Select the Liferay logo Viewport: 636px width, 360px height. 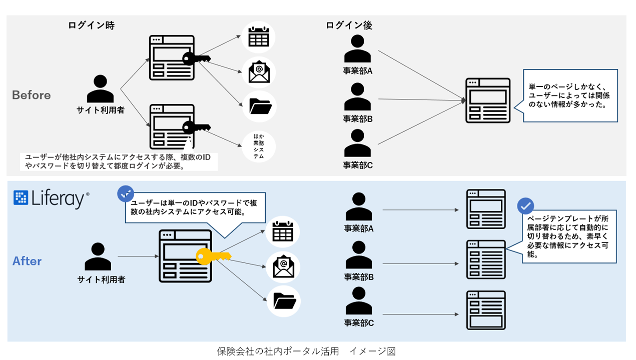coord(52,199)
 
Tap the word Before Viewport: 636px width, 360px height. coord(31,95)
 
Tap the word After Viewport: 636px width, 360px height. coord(27,261)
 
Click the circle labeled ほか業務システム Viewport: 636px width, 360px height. coord(259,145)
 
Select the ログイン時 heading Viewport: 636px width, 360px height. coord(91,25)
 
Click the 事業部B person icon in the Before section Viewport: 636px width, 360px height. coord(358,96)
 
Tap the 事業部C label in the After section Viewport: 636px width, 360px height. coord(359,322)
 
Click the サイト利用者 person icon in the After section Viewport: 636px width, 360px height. coord(101,256)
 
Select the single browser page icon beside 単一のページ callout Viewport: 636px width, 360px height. coord(487,100)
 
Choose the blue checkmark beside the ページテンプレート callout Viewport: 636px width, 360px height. coord(525,206)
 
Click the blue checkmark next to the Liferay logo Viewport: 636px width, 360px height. coord(125,193)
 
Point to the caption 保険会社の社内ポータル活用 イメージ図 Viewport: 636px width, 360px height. coord(306,351)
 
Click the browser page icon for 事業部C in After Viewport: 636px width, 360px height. coord(485,310)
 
